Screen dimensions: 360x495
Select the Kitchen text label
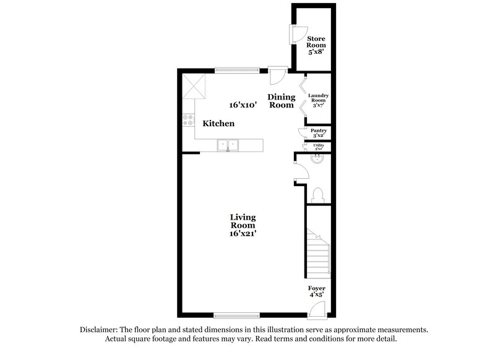[219, 124]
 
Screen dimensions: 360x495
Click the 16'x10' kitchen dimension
[243, 105]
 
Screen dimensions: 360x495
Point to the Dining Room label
[280, 101]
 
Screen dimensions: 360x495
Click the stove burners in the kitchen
[187, 120]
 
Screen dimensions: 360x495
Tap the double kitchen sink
[228, 145]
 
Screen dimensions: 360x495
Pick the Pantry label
[319, 132]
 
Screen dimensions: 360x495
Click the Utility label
[319, 147]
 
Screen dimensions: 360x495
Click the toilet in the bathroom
[319, 195]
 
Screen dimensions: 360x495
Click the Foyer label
[317, 291]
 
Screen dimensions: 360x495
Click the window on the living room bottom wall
[236, 315]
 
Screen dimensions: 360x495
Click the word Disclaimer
[100, 330]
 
